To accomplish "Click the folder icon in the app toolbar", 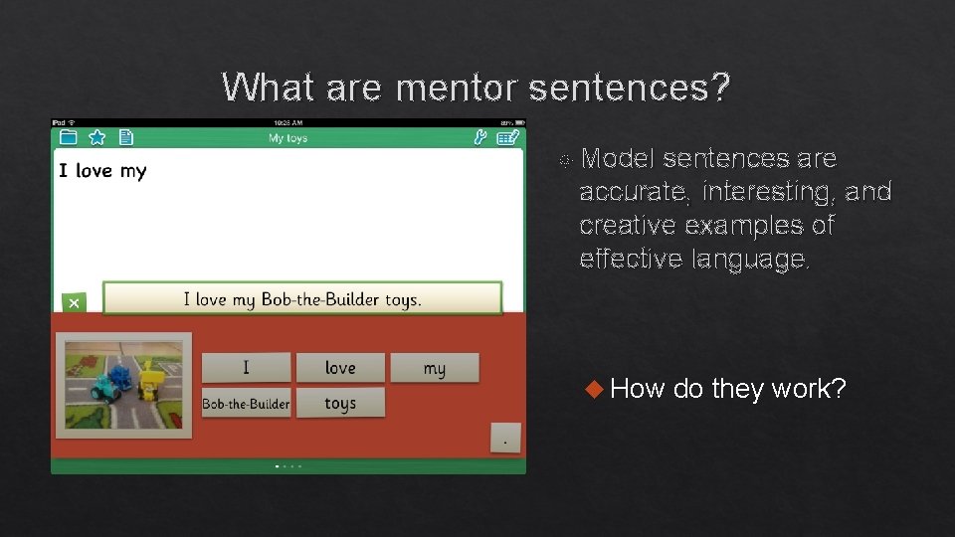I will coord(68,137).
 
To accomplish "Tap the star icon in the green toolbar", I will coord(96,137).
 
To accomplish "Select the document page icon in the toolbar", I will coord(126,137).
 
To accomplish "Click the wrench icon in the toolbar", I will coord(479,138).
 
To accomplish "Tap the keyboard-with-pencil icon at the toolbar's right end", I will coord(508,138).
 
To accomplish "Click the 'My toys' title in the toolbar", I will coord(287,138).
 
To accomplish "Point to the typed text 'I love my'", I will coord(102,171).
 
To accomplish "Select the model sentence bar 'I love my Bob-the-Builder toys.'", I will coord(302,298).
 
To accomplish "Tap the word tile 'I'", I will coord(246,368).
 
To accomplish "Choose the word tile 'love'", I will coord(340,368).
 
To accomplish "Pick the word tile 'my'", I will coord(434,368).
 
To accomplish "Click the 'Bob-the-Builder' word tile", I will coord(246,403).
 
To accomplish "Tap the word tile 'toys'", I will coord(340,403).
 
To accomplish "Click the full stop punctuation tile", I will coord(506,438).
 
